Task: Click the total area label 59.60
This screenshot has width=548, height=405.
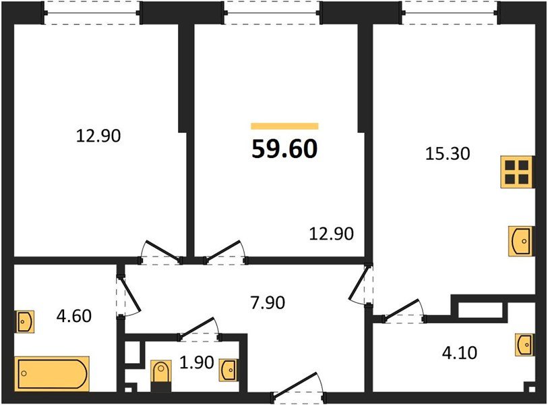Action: (284, 148)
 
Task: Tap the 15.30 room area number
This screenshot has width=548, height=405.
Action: (448, 154)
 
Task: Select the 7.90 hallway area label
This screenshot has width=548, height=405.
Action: (268, 302)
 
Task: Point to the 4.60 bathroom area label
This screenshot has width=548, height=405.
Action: (74, 316)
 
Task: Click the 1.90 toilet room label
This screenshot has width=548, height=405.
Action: (196, 362)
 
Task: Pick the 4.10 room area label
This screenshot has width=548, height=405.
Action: (459, 353)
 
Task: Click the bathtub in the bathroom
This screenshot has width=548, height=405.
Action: (52, 374)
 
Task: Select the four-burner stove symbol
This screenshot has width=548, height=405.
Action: (517, 172)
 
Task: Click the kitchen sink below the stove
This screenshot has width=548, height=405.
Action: (521, 241)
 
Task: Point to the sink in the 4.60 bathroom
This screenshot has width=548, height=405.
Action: (24, 321)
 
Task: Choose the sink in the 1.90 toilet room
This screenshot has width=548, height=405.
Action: (229, 370)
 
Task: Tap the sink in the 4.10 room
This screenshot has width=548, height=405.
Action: (524, 345)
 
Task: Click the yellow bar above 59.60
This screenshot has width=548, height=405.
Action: (284, 126)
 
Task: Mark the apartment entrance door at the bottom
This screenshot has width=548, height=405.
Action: (299, 387)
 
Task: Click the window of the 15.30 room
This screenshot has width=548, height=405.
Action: (450, 13)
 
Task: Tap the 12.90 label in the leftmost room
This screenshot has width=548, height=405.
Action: (98, 136)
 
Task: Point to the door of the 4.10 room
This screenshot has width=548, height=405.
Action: (404, 310)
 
